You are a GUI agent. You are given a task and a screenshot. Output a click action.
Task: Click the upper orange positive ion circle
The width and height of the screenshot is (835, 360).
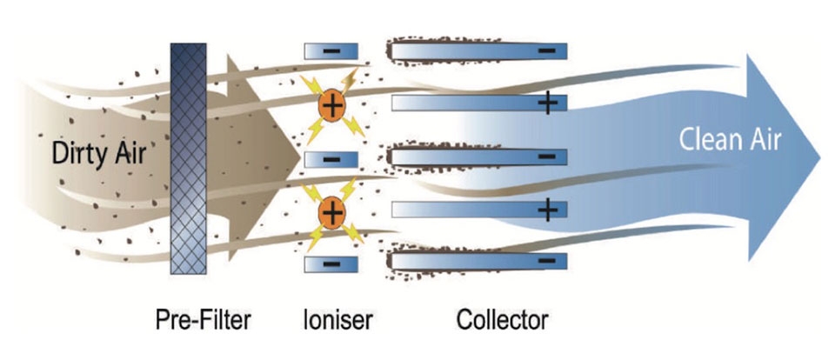coord(331,107)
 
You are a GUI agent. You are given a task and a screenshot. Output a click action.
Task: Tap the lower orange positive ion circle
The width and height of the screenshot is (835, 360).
coord(331,210)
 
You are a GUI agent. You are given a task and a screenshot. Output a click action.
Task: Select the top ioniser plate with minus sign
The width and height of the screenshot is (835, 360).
coord(331,51)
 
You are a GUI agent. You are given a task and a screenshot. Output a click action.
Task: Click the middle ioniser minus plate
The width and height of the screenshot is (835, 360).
coord(331,159)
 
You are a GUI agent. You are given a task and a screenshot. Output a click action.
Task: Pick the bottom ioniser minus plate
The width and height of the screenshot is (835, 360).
coord(331,262)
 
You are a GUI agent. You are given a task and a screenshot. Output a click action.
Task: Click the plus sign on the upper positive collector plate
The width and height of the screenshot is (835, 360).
coord(547,104)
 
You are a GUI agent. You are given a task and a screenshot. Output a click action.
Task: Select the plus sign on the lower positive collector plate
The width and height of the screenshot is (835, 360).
coord(547,210)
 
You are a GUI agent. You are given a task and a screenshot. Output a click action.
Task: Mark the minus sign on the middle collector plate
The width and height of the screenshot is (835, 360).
coord(547,157)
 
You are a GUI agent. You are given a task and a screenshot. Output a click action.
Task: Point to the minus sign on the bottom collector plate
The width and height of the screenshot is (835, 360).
coord(547,260)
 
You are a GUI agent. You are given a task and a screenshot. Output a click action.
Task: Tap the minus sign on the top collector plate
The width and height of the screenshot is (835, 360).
coord(547,51)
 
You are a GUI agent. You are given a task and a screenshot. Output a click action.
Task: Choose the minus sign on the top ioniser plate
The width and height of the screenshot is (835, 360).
coord(331,51)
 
